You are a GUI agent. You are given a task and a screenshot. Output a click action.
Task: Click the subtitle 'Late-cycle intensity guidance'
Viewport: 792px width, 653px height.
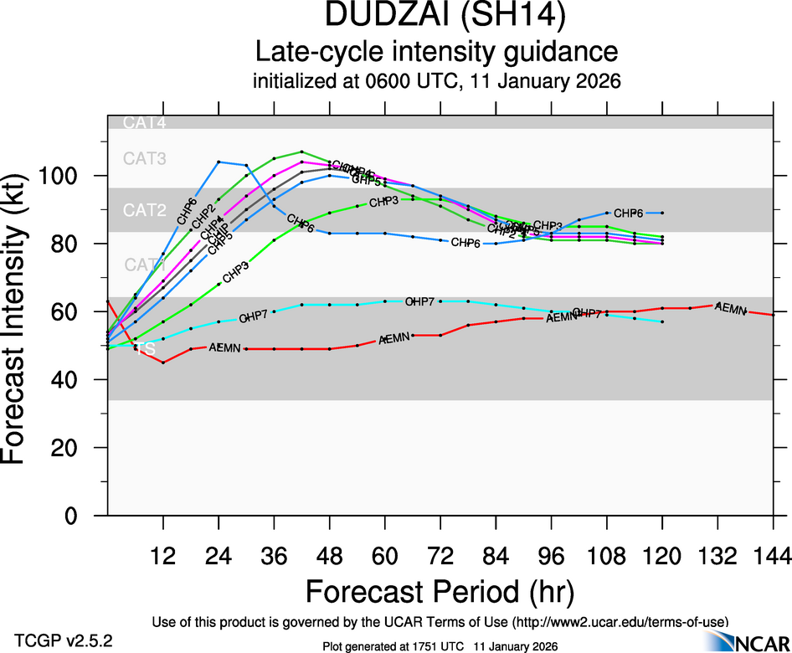[x=436, y=52]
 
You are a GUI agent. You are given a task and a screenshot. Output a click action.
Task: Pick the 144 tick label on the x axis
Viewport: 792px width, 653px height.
[x=773, y=554]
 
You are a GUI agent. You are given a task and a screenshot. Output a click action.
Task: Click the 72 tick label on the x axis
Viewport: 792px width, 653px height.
[x=440, y=554]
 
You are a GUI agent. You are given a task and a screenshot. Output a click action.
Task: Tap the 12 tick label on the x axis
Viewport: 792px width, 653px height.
[x=163, y=554]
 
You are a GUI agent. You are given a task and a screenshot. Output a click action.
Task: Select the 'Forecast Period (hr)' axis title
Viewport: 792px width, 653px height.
[x=440, y=593]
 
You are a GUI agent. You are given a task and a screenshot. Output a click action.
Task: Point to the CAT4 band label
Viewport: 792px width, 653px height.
[x=144, y=123]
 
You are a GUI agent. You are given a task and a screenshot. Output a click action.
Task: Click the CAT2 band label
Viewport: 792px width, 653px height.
[x=144, y=210]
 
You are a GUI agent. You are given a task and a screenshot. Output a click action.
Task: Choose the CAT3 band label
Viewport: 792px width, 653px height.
[x=144, y=158]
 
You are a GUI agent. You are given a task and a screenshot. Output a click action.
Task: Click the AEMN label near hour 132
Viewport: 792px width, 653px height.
[x=731, y=310]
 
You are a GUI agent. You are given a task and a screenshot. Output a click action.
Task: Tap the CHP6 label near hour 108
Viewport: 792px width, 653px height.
[x=627, y=213]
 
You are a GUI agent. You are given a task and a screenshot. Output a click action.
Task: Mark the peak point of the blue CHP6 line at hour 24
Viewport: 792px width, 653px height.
[x=219, y=162]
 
